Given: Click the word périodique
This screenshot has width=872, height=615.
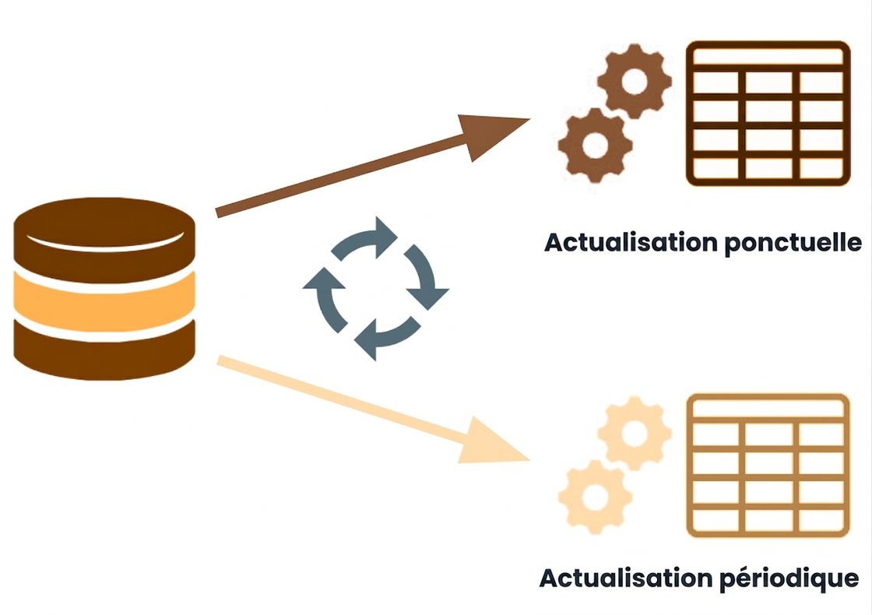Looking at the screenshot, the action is pyautogui.click(x=789, y=579).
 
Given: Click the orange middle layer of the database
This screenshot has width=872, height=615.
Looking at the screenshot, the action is pyautogui.click(x=104, y=302).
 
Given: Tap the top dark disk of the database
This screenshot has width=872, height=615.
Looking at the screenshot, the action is pyautogui.click(x=104, y=239).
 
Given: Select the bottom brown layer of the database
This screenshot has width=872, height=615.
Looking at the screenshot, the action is pyautogui.click(x=104, y=351).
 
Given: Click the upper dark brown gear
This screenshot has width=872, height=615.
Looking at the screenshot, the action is pyautogui.click(x=635, y=81).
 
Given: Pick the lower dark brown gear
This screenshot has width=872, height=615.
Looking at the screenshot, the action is pyautogui.click(x=595, y=145).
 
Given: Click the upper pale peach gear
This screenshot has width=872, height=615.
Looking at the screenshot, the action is pyautogui.click(x=635, y=434).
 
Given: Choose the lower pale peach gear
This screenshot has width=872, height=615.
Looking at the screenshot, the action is pyautogui.click(x=595, y=497).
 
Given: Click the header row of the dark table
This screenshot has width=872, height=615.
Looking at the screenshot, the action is pyautogui.click(x=768, y=56).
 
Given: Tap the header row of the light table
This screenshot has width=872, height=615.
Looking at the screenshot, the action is pyautogui.click(x=768, y=409).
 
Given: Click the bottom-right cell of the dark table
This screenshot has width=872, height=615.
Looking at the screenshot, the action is pyautogui.click(x=821, y=168).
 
